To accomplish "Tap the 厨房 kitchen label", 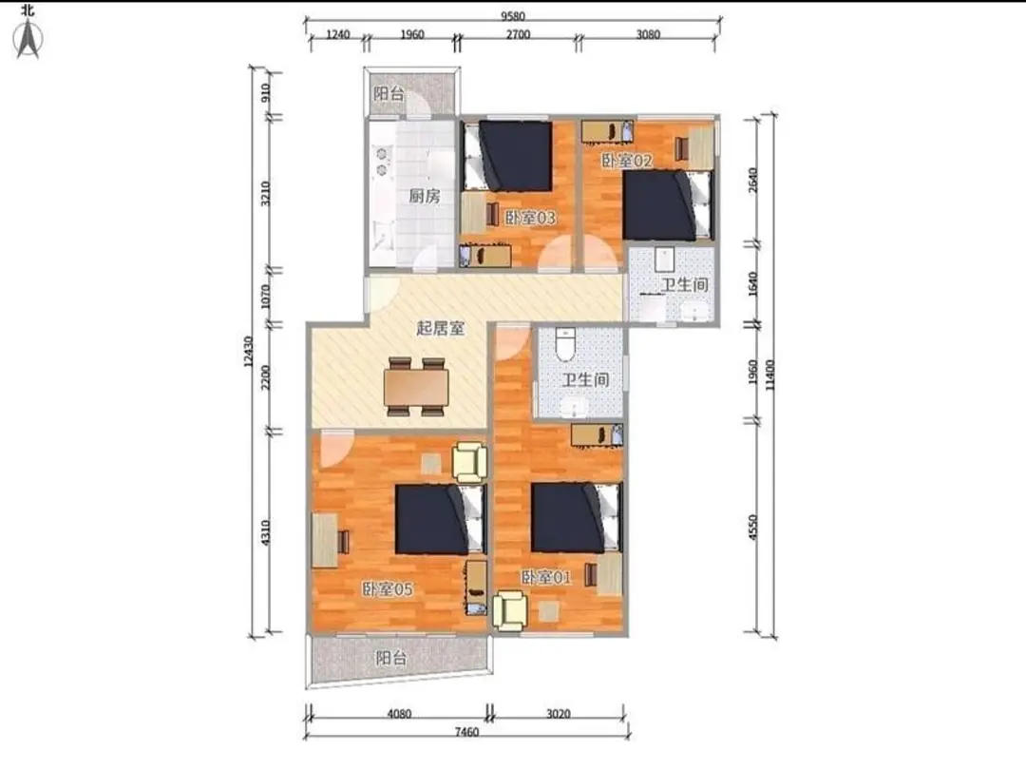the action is [x=424, y=196].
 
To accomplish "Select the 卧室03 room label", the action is [x=530, y=218].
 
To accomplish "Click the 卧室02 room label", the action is [x=627, y=161].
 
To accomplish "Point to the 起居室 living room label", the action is [x=441, y=328].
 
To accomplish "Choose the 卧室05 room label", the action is [x=388, y=589].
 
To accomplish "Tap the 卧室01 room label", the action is [x=545, y=578].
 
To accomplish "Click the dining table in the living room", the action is [x=416, y=387].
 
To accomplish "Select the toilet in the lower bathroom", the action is [x=564, y=344].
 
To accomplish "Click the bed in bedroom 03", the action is [x=507, y=156].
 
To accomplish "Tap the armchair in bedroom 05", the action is [x=470, y=462].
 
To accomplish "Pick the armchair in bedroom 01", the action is [x=510, y=611].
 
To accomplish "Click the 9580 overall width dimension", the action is [x=513, y=16].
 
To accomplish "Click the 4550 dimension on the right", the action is [x=752, y=527].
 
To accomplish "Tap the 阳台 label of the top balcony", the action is [x=389, y=93].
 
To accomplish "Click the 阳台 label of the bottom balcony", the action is [x=391, y=658].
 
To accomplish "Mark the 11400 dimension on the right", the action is [x=769, y=375].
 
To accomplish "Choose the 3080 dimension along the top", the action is [x=648, y=35].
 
